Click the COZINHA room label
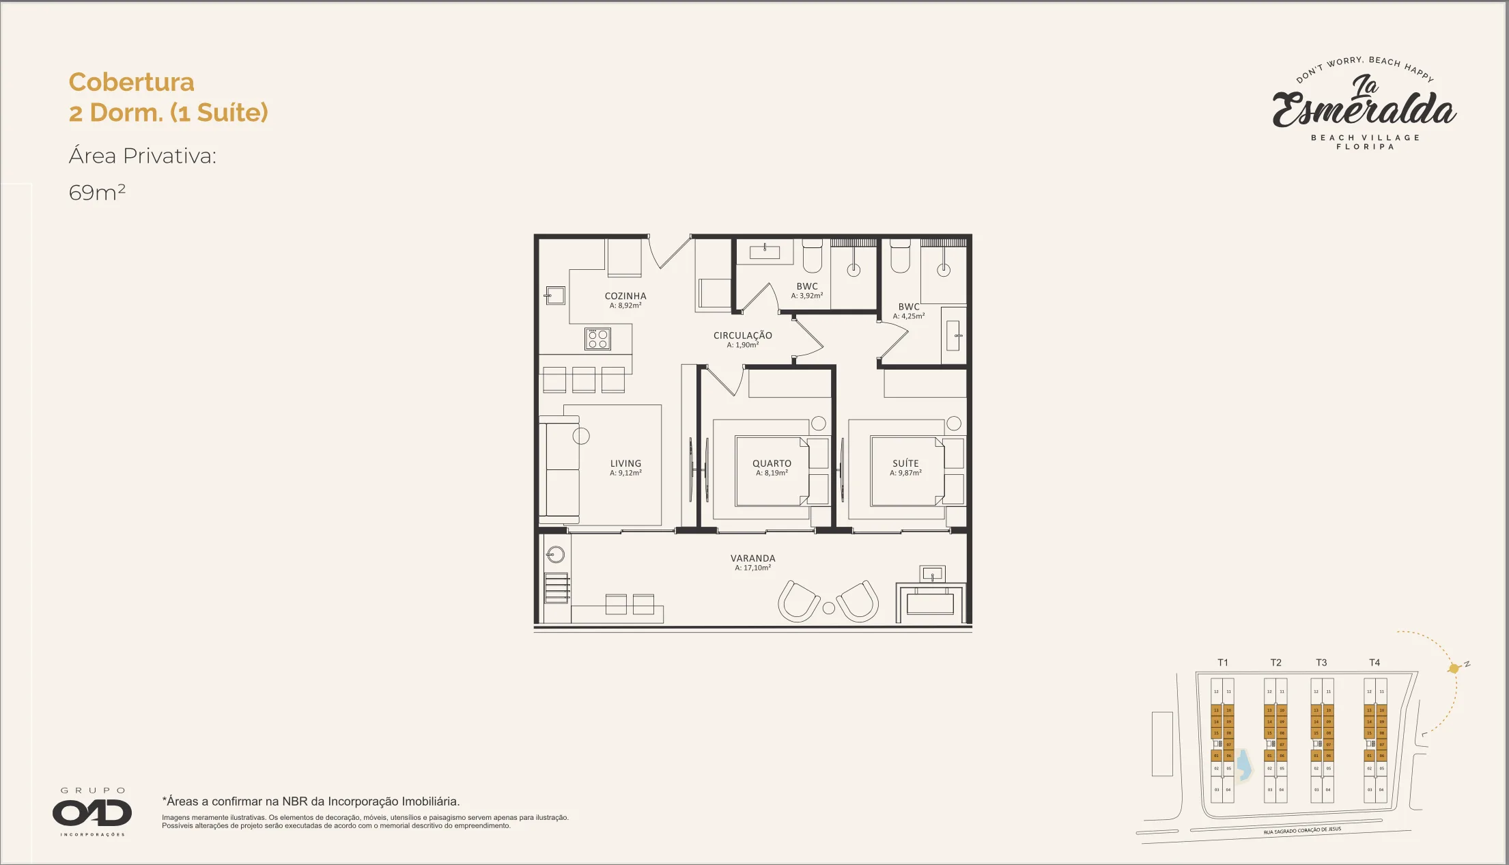[625, 296]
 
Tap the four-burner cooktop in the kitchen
[597, 339]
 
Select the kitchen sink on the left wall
[555, 295]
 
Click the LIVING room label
[625, 463]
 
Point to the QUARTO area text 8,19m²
[772, 473]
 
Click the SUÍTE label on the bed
[905, 463]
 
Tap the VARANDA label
[752, 558]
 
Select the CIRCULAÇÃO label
[742, 335]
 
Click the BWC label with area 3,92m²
[806, 287]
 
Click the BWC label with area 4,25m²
[908, 307]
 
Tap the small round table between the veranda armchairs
[828, 608]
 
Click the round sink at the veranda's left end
[556, 554]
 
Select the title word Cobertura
[131, 82]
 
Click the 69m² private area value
[97, 193]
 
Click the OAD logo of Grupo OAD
[92, 812]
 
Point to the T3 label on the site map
[1321, 663]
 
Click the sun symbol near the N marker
[1454, 668]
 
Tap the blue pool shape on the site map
[1244, 765]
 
